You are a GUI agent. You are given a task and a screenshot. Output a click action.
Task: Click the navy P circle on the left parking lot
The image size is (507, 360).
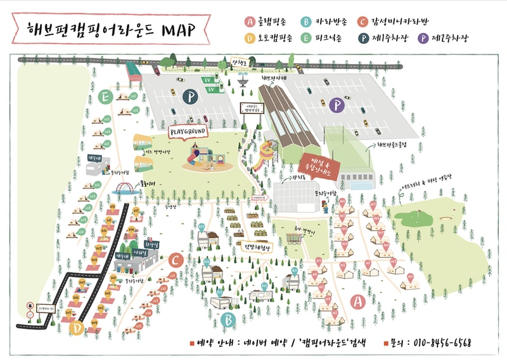coord(188,96)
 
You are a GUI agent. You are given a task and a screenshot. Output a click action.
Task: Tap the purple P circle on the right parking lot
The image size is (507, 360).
coord(338,105)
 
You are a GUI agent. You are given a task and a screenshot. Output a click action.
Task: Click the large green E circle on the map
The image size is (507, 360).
coord(106,97)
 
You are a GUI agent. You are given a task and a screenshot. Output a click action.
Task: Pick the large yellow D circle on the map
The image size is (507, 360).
coord(76,328)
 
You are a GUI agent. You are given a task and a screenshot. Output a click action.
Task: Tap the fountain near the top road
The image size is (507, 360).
coord(243,80)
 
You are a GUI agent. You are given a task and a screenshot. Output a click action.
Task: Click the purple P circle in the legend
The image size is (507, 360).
coord(423,38)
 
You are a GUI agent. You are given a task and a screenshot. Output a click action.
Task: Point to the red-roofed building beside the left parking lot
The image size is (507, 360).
coord(134,71)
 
